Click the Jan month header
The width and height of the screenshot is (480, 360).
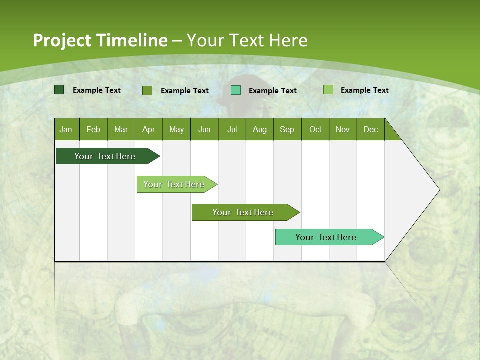point(66,129)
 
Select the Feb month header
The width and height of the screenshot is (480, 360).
point(93,129)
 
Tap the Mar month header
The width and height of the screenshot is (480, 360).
point(121,129)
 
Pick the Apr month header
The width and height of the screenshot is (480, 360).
point(149,129)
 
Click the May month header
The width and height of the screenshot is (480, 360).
point(176,129)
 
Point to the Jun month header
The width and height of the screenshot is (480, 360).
point(204,129)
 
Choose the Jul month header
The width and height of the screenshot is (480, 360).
point(232,129)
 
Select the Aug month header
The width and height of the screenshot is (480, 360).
point(260,129)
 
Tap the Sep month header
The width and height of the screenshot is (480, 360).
point(287,129)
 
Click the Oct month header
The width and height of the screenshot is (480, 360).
point(315,129)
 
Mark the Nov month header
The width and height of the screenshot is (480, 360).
point(343,129)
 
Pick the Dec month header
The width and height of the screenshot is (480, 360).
point(371,129)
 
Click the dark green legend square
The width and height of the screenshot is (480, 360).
point(59,90)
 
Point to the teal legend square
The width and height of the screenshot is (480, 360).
point(236,90)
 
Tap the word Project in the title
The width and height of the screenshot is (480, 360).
point(62,40)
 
